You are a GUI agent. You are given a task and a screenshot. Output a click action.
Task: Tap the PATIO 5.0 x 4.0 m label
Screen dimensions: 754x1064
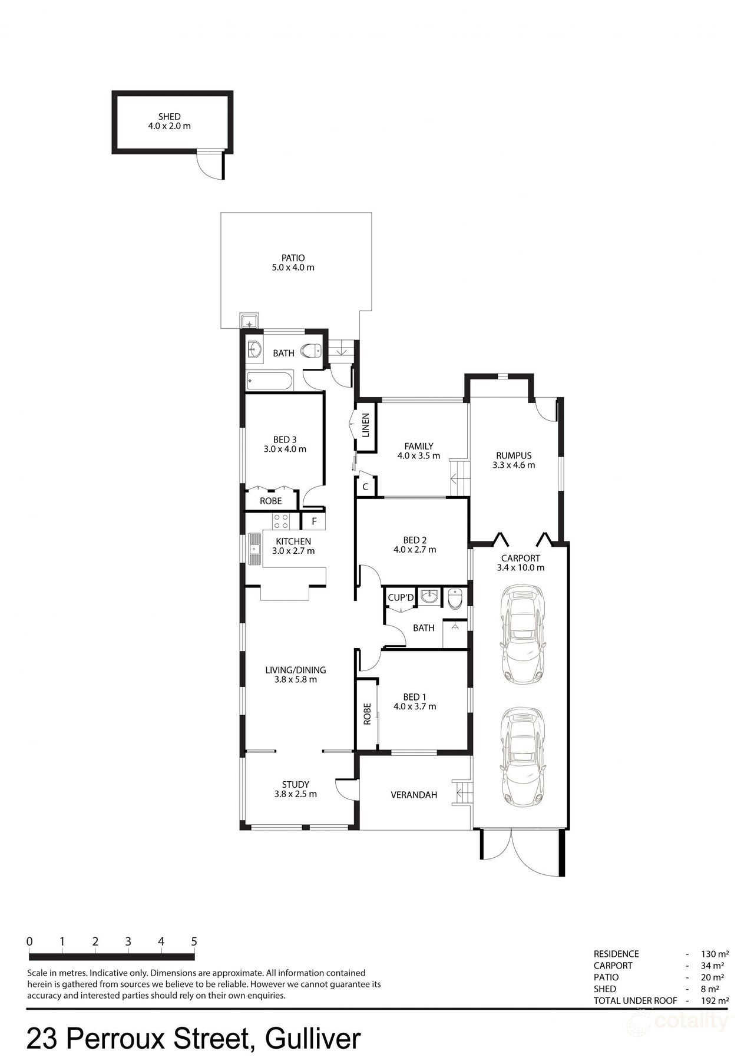tap(293, 263)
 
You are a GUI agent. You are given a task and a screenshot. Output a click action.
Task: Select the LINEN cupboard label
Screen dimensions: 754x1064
tap(365, 425)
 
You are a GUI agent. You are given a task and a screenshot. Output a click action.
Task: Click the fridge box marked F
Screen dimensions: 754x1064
tap(315, 521)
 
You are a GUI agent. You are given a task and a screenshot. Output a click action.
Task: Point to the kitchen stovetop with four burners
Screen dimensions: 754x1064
tap(281, 521)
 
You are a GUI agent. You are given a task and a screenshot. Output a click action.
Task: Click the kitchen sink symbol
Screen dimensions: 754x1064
tap(255, 549)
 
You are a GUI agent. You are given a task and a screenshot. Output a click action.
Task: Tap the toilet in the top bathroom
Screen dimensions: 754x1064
tap(311, 352)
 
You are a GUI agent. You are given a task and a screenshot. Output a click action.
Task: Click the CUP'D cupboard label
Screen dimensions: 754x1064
tap(401, 598)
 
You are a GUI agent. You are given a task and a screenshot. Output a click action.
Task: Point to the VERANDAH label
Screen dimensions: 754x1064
tap(414, 795)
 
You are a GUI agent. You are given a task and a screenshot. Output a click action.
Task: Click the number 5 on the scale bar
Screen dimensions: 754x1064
tap(194, 941)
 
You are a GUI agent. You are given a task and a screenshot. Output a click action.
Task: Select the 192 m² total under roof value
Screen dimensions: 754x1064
tap(715, 1000)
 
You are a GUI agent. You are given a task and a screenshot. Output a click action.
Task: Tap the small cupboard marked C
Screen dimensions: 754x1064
tap(365, 487)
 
